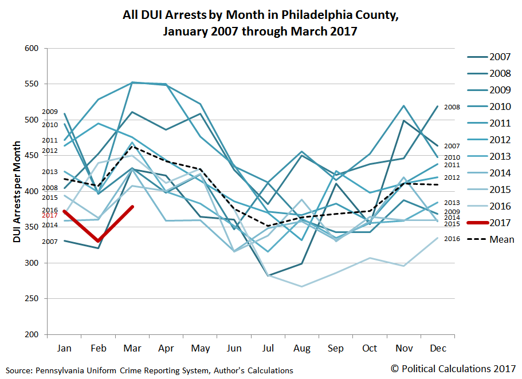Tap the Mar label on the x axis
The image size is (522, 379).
click(132, 348)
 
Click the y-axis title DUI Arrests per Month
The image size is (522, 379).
click(17, 192)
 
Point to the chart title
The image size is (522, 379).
click(260, 23)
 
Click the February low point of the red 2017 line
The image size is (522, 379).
click(99, 241)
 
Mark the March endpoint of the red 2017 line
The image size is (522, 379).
click(132, 207)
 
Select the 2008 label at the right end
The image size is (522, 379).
click(452, 107)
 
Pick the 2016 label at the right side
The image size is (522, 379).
click(452, 238)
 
